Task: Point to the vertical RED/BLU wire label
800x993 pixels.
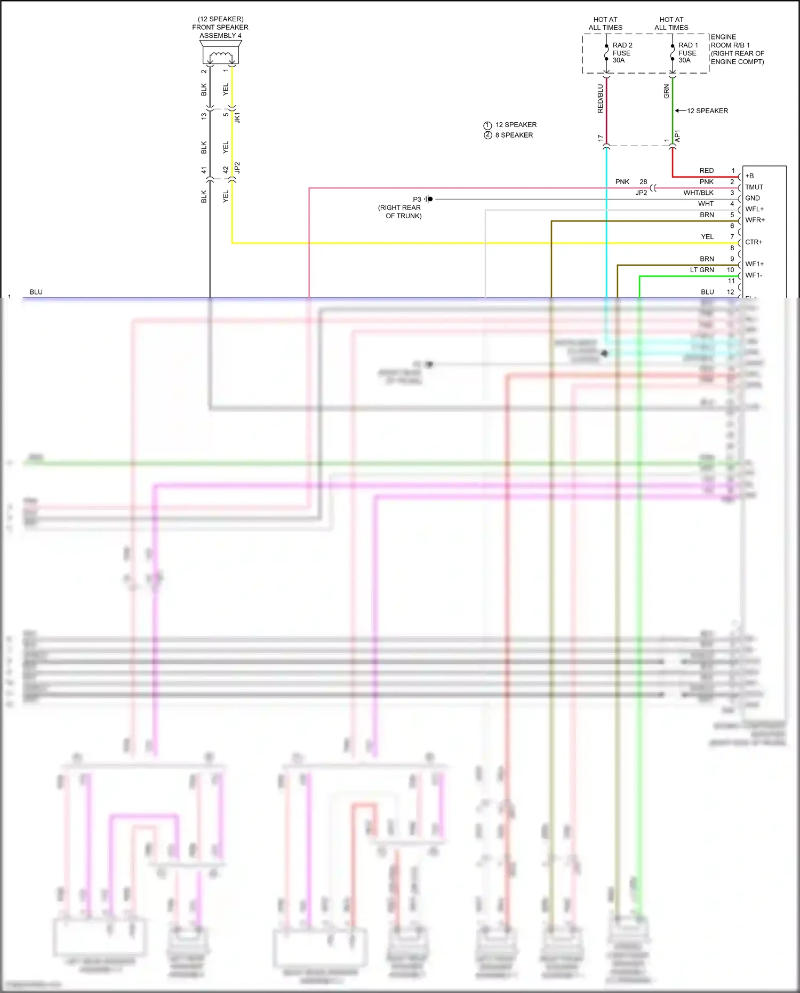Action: click(600, 99)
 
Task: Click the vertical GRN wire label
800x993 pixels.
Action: click(666, 91)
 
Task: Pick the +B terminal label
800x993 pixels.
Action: click(749, 176)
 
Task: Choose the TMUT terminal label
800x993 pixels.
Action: click(754, 187)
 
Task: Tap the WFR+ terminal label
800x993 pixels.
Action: click(755, 220)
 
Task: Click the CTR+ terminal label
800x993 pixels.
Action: click(754, 242)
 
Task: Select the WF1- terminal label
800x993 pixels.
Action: click(754, 275)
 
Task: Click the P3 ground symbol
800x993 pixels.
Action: click(429, 199)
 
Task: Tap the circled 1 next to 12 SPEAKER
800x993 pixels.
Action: click(487, 125)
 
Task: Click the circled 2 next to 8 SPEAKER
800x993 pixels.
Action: click(487, 135)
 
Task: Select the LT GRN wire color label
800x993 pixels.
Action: click(701, 270)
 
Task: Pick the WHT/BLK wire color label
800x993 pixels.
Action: click(698, 193)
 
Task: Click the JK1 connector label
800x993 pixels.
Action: click(237, 117)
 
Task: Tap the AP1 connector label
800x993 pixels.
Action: click(677, 136)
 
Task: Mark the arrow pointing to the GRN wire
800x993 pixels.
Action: click(679, 111)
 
